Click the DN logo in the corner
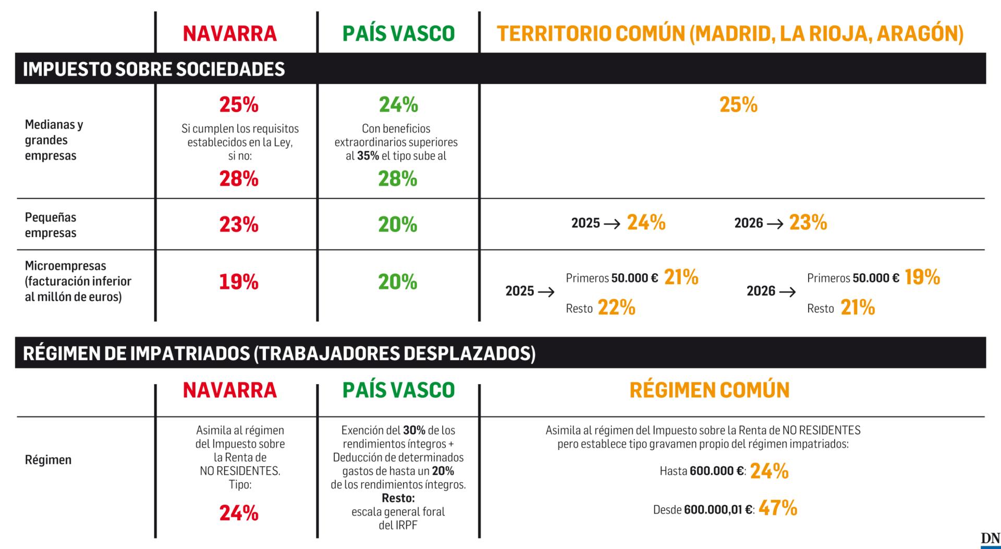click(x=990, y=540)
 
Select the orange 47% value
click(x=778, y=508)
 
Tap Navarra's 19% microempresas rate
click(x=239, y=282)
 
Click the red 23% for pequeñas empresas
click(x=239, y=225)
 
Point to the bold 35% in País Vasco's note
click(x=368, y=156)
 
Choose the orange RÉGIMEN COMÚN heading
click(x=710, y=390)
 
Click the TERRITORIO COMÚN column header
click(x=730, y=33)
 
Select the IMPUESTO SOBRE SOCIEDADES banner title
click(x=154, y=69)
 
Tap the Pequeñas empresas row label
click(x=51, y=225)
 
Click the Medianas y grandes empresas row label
click(x=54, y=140)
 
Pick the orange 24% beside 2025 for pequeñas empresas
click(x=646, y=223)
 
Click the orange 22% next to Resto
click(x=616, y=308)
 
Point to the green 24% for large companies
click(x=398, y=105)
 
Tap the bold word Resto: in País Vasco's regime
click(x=398, y=498)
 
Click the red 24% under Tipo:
click(x=239, y=513)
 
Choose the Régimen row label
click(x=48, y=460)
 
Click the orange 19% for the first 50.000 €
click(x=922, y=277)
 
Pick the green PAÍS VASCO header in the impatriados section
click(x=398, y=390)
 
